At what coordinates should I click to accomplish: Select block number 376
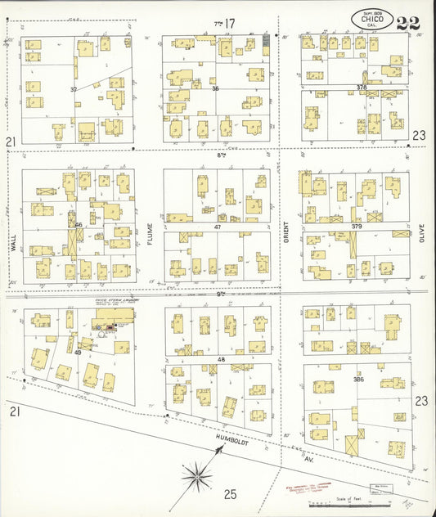(361, 87)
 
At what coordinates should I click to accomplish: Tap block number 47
(218, 227)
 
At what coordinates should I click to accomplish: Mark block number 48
(220, 359)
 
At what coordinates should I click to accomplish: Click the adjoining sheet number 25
(231, 493)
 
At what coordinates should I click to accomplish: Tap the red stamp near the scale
(306, 492)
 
